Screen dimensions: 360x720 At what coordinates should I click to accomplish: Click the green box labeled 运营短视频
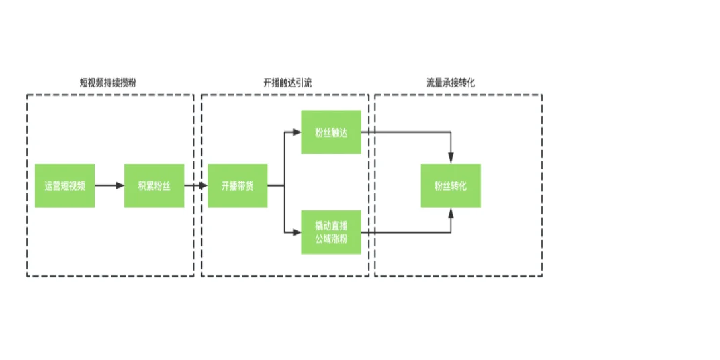(64, 185)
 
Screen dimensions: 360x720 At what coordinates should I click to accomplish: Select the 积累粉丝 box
(154, 185)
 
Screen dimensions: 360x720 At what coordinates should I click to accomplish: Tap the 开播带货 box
(237, 185)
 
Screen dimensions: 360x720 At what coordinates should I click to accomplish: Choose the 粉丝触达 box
(330, 132)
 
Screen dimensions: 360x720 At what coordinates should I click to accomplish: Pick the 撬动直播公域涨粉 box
(330, 232)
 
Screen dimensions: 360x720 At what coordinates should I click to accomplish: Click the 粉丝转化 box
(450, 185)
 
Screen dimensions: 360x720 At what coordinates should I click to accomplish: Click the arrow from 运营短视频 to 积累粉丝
(109, 185)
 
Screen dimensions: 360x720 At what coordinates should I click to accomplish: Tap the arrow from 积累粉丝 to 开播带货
(195, 185)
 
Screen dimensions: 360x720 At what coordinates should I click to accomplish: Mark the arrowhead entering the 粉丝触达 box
(297, 132)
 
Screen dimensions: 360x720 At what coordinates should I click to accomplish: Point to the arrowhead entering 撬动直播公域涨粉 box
(297, 233)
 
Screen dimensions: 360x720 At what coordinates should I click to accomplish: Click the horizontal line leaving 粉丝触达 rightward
(403, 132)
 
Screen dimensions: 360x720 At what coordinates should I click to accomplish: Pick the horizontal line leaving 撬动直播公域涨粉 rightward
(403, 233)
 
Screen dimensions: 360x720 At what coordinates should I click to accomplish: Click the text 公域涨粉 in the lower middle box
(330, 239)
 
